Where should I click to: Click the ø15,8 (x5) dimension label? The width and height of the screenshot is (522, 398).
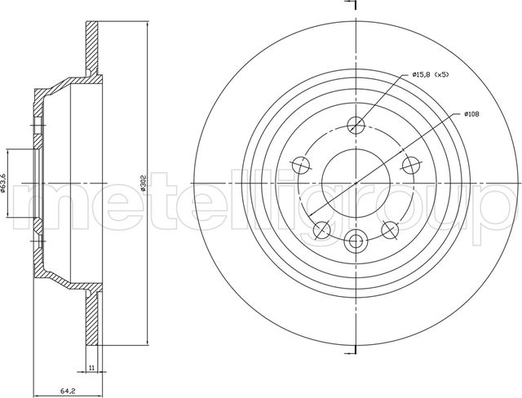(431, 75)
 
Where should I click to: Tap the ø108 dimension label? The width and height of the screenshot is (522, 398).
(471, 114)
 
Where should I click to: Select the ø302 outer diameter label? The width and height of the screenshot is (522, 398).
(144, 184)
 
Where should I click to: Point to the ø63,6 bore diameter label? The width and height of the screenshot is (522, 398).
(3, 184)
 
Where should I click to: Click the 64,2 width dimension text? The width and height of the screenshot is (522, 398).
(68, 391)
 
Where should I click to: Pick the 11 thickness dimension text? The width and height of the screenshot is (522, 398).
(92, 367)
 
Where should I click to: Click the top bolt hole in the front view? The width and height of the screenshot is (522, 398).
(356, 126)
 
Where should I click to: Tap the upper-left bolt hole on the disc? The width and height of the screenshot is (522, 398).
(301, 165)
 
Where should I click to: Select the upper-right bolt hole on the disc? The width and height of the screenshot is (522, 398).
(411, 165)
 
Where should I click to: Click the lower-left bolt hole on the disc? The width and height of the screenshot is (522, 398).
(322, 230)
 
